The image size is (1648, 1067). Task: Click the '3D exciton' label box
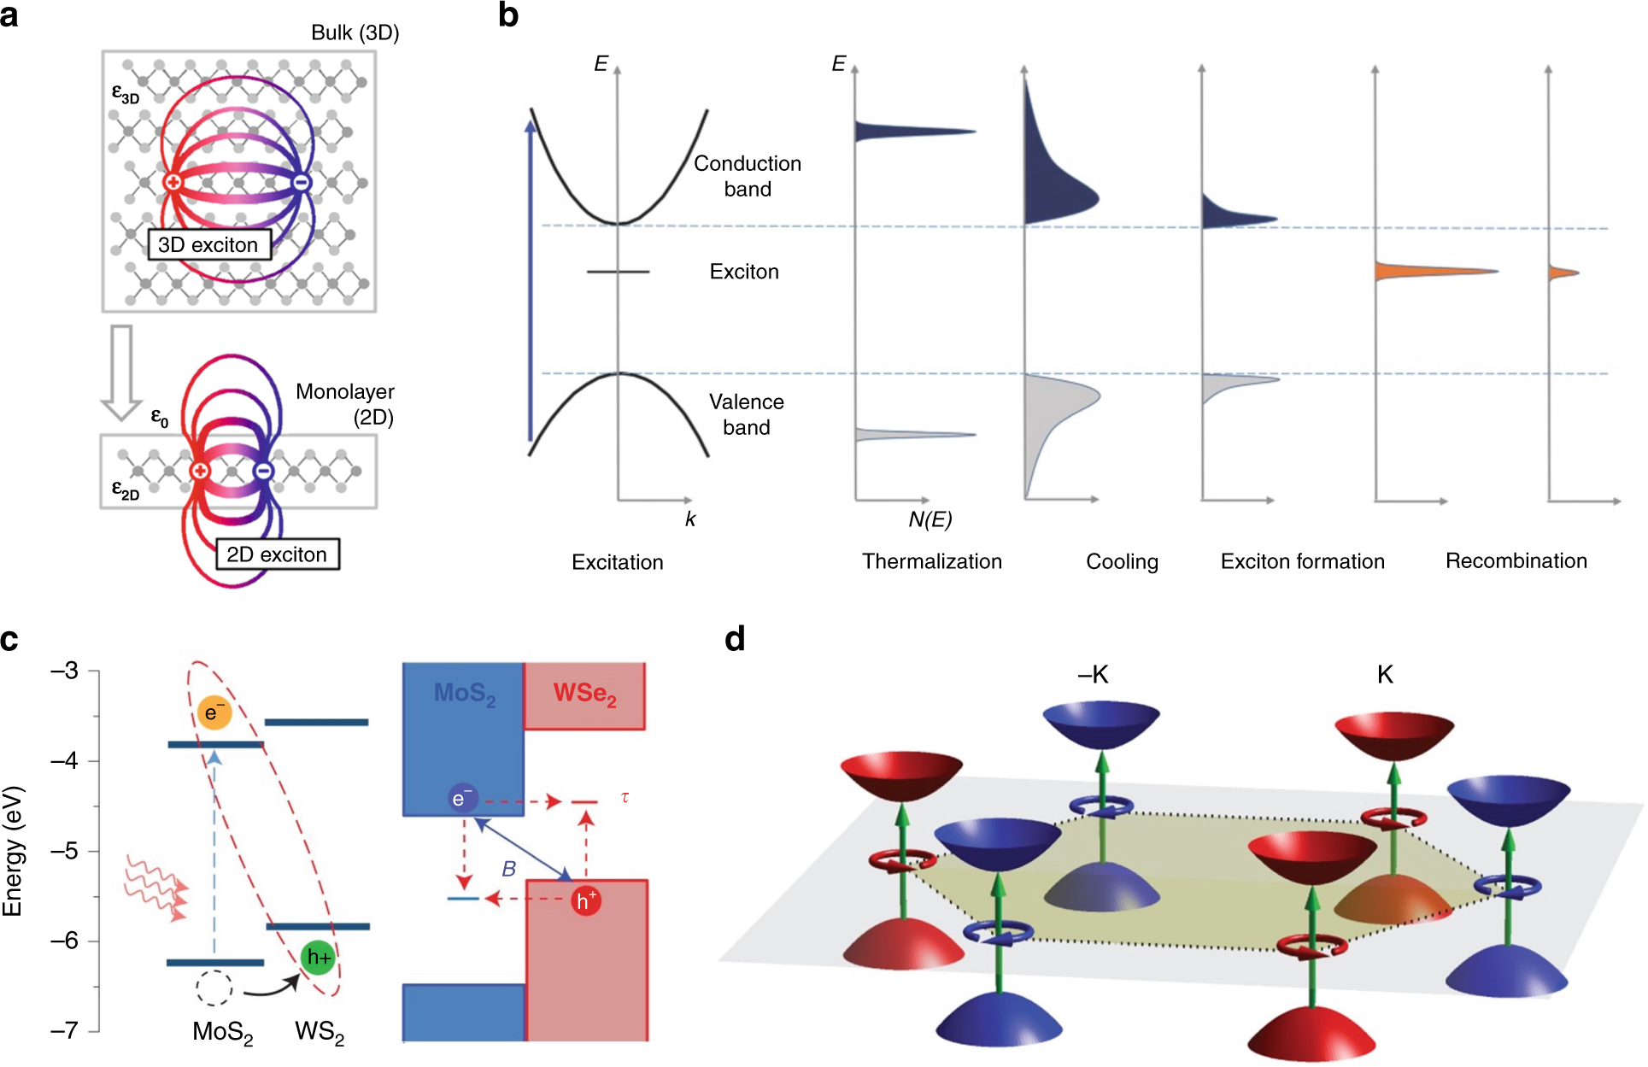(x=208, y=245)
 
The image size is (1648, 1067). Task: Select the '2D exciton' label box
(x=277, y=554)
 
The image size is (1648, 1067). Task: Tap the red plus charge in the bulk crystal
(x=173, y=182)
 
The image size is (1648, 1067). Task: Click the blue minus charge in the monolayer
(x=264, y=471)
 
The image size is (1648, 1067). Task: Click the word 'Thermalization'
(x=931, y=561)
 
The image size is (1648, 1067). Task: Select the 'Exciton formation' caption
(x=1302, y=561)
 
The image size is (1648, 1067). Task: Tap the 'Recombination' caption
(x=1516, y=561)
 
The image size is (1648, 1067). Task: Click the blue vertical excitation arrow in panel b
(x=531, y=282)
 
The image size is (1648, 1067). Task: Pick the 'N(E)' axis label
(x=930, y=519)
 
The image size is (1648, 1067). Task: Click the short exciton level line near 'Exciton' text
(x=618, y=272)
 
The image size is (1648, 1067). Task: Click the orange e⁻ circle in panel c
(x=214, y=712)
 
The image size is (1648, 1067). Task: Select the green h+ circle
(x=319, y=958)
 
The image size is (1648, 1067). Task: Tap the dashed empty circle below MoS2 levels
(x=214, y=988)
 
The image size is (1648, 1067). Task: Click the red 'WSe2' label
(x=584, y=694)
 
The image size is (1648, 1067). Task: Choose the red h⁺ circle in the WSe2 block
(x=586, y=900)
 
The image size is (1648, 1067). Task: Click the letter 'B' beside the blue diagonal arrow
(x=508, y=869)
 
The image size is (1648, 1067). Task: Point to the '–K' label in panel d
(x=1093, y=675)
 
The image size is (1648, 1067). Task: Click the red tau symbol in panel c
(x=625, y=798)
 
